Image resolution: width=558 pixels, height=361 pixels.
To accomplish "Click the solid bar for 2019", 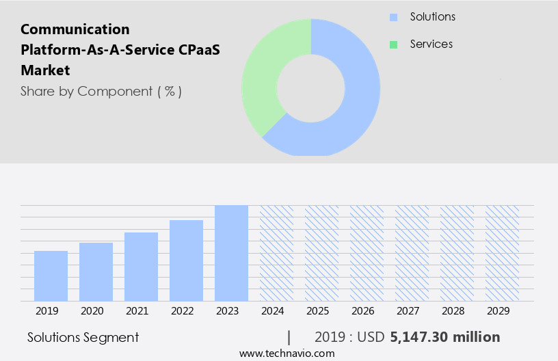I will coord(51,276).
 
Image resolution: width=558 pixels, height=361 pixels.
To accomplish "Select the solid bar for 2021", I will coord(141,267).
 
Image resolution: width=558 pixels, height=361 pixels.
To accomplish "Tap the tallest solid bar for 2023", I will coord(231,253).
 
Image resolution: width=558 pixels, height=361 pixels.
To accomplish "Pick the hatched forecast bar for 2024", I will coord(276,253).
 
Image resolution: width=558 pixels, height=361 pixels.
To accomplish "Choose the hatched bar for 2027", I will coord(412,253).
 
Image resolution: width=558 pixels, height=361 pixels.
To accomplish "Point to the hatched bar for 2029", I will coord(502,253).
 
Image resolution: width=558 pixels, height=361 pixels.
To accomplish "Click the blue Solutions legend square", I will coord(393,17).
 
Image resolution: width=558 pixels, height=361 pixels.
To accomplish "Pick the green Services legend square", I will coord(393,44).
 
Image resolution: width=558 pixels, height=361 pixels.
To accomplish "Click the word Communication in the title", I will coord(75,29).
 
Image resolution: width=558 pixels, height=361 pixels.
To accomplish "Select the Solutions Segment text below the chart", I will coord(83,337).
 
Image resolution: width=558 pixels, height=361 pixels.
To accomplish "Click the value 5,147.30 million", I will coord(444,337).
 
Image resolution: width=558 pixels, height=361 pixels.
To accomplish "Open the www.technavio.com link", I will coord(287,353).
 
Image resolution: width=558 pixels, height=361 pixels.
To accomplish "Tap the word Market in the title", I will coord(45,70).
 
